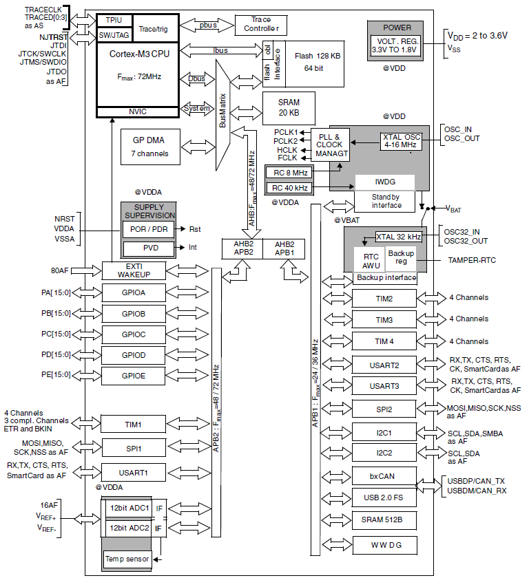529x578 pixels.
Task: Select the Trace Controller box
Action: [x=261, y=25]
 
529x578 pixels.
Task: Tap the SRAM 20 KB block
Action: [x=289, y=108]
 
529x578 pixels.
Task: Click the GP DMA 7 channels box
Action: [x=149, y=147]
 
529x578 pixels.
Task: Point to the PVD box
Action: [x=148, y=248]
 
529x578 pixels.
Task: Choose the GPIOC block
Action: [x=134, y=334]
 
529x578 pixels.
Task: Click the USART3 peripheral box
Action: [x=384, y=386]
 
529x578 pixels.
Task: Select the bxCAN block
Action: [x=384, y=476]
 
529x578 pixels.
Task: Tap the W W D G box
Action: [x=384, y=544]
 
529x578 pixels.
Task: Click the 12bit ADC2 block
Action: [x=129, y=528]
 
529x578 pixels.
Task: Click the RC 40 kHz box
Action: [x=290, y=187]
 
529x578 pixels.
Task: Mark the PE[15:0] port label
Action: [x=56, y=376]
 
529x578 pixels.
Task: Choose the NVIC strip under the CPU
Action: [x=137, y=111]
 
